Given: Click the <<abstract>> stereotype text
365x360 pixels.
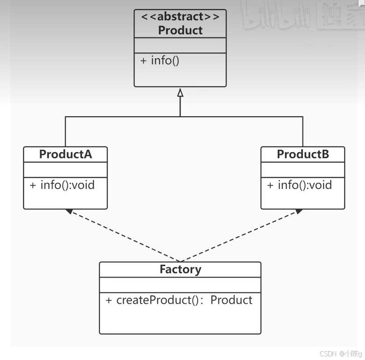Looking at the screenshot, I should [x=180, y=17].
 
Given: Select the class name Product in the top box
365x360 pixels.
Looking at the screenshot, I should [x=180, y=30].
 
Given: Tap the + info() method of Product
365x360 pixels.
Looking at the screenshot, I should [x=160, y=61].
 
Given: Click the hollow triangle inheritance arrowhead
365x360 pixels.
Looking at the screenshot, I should [x=180, y=93].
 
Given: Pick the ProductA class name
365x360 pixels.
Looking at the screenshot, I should [x=65, y=154].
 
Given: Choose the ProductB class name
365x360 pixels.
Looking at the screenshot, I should [x=303, y=154].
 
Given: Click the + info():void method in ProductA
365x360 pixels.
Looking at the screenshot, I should [x=62, y=185].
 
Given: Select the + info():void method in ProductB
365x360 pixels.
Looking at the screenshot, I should [x=300, y=185].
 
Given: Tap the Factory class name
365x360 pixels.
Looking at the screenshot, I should [x=180, y=270].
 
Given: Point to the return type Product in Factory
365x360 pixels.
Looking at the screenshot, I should [x=231, y=300].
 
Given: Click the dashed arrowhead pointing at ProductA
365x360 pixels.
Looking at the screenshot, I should [x=69, y=212].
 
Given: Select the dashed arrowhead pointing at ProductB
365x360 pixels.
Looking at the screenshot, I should [x=298, y=212].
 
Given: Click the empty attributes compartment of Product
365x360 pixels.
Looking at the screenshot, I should [x=180, y=45].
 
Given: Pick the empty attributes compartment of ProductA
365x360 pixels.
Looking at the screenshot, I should [x=65, y=169].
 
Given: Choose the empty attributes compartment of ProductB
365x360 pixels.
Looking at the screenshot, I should [x=303, y=169].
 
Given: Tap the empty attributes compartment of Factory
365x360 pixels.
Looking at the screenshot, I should [x=180, y=284].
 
